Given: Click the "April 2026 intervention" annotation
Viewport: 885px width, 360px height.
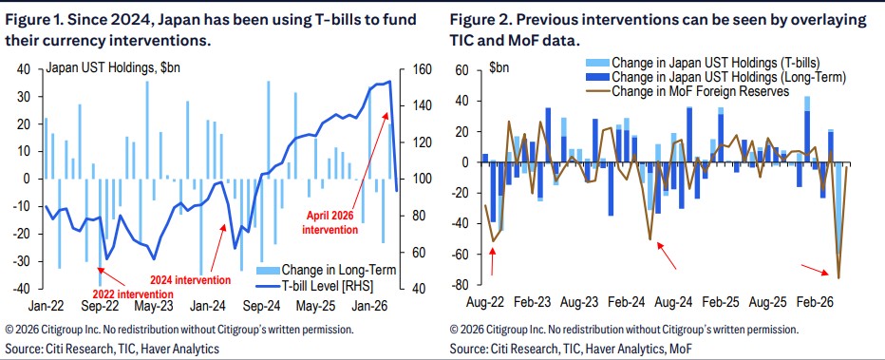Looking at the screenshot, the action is (332, 222).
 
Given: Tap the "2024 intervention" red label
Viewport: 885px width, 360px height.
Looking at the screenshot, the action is (190, 280).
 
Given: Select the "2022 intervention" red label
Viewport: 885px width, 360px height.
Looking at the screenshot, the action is (133, 294).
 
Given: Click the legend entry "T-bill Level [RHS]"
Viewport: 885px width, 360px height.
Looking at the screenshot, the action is (316, 283).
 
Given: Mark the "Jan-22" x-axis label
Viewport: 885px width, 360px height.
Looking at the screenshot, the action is (46, 307).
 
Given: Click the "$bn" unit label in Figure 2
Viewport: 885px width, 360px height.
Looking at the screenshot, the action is (499, 67).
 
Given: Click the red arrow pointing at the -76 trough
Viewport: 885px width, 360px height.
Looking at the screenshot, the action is (815, 270).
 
